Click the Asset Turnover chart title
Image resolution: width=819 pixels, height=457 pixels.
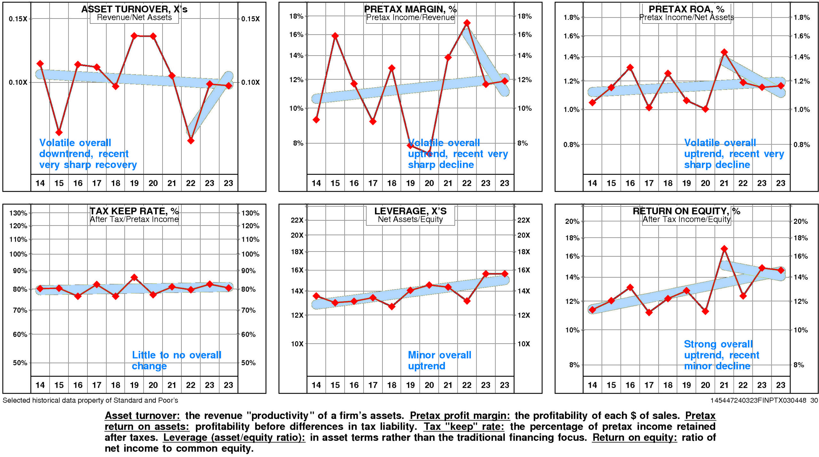click(x=134, y=9)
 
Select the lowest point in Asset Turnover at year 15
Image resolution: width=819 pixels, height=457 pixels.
click(x=59, y=132)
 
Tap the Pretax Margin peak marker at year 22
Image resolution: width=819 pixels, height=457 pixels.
click(x=467, y=23)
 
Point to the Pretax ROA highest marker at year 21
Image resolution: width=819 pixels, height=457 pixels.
click(x=724, y=52)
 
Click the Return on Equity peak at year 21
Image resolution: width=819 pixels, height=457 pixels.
click(x=724, y=249)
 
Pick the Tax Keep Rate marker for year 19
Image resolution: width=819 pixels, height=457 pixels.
click(x=134, y=277)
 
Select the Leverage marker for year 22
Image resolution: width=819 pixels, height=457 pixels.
click(x=467, y=301)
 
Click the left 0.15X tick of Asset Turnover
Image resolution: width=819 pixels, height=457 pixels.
click(x=18, y=19)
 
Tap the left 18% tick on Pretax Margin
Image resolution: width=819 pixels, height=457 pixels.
click(x=296, y=16)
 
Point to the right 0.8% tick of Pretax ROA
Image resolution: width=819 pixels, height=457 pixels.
click(x=802, y=145)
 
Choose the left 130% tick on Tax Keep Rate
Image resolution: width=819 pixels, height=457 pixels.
click(x=18, y=213)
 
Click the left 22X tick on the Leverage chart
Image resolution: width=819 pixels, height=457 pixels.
click(x=297, y=220)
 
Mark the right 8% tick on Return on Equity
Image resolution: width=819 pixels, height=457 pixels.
click(x=799, y=365)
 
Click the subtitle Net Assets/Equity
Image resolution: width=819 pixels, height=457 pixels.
click(x=410, y=219)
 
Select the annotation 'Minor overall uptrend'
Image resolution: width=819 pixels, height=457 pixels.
click(x=439, y=360)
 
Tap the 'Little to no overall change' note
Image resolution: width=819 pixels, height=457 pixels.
click(x=176, y=360)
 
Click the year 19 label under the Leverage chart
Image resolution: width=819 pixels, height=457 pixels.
click(x=410, y=385)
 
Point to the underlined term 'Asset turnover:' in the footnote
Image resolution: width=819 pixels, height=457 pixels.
click(x=142, y=415)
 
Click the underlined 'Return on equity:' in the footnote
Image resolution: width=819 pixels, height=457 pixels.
click(x=634, y=437)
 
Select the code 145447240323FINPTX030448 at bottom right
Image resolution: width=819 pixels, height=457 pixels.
click(x=758, y=400)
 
